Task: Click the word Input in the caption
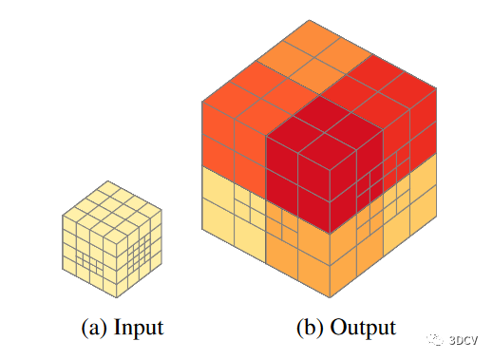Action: pos(139,328)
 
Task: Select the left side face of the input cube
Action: pos(85,247)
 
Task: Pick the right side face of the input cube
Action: pos(135,247)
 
